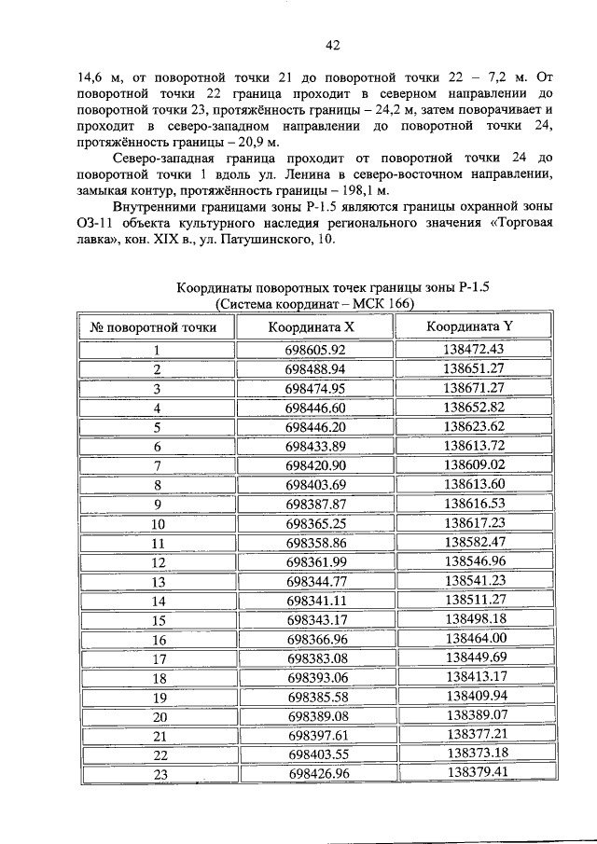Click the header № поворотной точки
(x=154, y=328)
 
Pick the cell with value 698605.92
(x=315, y=350)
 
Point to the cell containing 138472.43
(x=473, y=349)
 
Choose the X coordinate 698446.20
(x=315, y=427)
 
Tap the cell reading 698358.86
(x=316, y=543)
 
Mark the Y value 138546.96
(x=475, y=561)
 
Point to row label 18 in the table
(x=160, y=678)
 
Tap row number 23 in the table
(x=160, y=775)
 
